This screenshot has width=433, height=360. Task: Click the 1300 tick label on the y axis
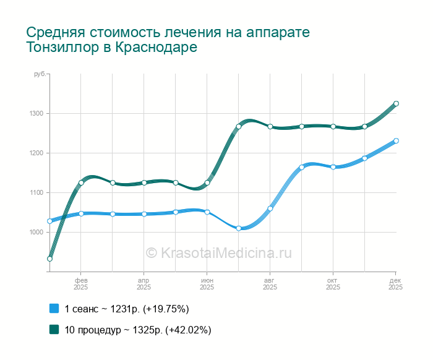35,113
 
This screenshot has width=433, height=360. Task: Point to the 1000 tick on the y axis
35,232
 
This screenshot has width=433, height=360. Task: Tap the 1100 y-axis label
35,192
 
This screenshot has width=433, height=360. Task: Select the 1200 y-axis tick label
35,153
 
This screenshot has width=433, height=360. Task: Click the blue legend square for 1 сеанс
54,309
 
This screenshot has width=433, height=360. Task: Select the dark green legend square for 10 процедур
54,330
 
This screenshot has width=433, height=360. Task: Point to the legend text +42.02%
189,330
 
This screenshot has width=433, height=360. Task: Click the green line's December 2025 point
396,103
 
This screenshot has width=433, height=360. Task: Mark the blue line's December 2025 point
396,140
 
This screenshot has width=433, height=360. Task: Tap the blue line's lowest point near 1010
239,228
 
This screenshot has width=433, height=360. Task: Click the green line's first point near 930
49,259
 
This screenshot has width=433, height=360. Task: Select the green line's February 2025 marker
81,182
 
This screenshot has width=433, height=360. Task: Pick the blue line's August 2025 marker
270,208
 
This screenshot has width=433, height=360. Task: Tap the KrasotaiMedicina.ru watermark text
225,253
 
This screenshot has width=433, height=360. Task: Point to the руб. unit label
39,74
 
